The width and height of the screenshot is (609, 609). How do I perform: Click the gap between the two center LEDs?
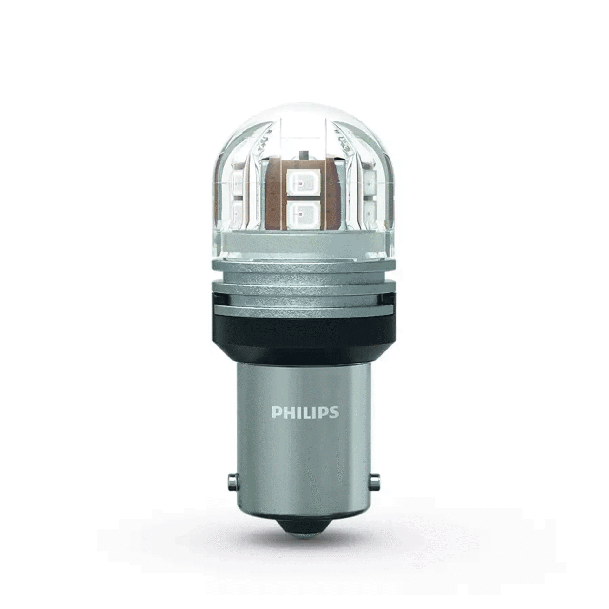coord(299,199)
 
